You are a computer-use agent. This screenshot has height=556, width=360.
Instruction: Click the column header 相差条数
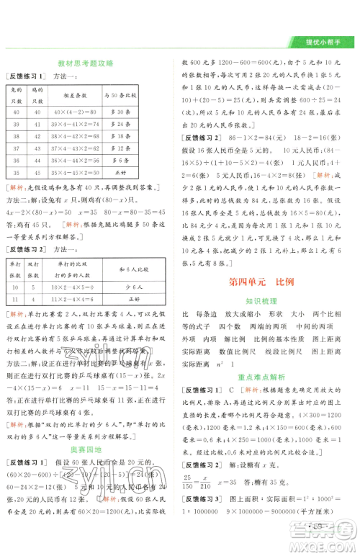click(85, 94)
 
